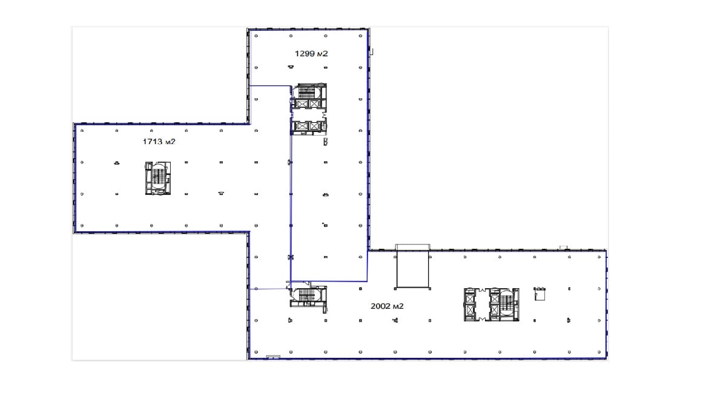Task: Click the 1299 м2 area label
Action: pos(311,53)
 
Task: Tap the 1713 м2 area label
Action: pos(159,142)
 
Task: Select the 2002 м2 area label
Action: pos(387,306)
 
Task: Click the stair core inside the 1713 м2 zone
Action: pos(158,178)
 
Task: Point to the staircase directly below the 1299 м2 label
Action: pos(307,93)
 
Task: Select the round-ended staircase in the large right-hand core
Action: pos(506,305)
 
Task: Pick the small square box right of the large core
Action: pos(539,294)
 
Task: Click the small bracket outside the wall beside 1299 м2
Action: pos(371,51)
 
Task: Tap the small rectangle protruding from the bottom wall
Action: pos(273,357)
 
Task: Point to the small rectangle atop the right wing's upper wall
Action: pos(563,248)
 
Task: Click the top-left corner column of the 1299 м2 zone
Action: pos(256,36)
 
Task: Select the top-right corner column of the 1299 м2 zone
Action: pos(360,36)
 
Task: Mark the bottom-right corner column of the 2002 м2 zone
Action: pos(599,352)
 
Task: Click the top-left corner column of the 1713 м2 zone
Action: pos(82,131)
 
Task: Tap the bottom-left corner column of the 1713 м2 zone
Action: pos(82,225)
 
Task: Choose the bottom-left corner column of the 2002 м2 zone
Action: pos(256,352)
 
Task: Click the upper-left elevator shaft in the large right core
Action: pos(470,298)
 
